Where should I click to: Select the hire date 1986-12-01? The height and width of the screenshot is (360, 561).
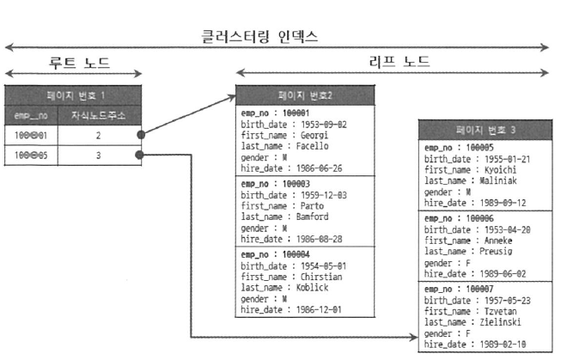point(320,308)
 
